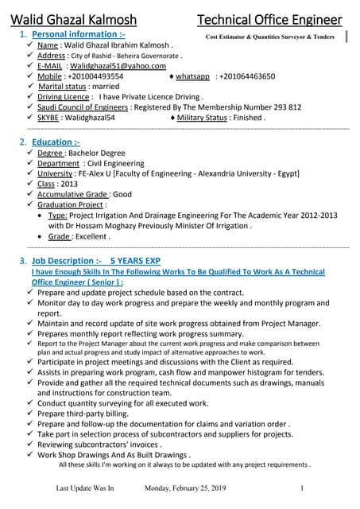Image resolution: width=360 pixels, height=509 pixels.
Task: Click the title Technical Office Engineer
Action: [x=269, y=19]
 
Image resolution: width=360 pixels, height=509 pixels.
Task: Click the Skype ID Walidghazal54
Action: [x=88, y=117]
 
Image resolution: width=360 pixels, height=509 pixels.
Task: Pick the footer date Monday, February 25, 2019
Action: [x=185, y=488]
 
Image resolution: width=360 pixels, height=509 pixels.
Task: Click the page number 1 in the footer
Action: [x=303, y=488]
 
